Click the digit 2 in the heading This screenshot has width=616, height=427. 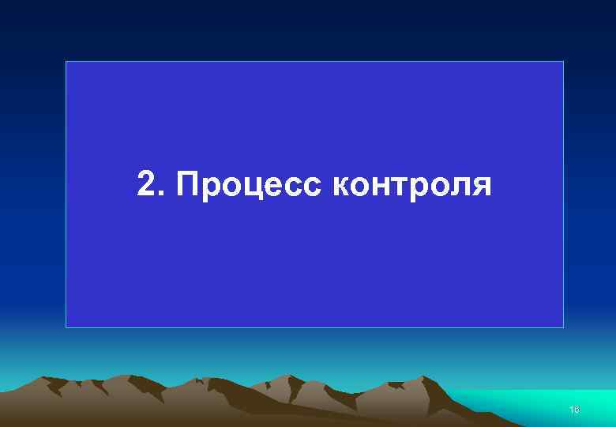pyautogui.click(x=146, y=184)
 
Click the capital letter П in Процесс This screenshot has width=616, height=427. pyautogui.click(x=189, y=184)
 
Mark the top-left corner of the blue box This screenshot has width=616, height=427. pyautogui.click(x=66, y=61)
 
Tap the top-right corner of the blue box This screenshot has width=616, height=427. pyautogui.click(x=563, y=61)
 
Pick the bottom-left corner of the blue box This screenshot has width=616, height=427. pyautogui.click(x=66, y=327)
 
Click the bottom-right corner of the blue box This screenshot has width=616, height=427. pyautogui.click(x=563, y=327)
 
